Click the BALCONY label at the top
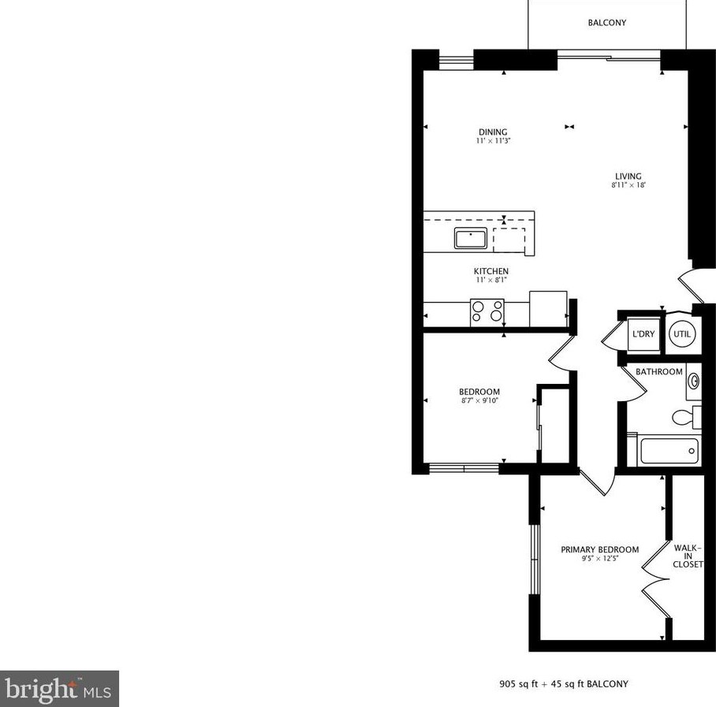[606, 23]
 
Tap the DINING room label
[492, 132]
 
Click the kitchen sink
[470, 237]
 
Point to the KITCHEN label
[490, 271]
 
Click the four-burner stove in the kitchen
[487, 311]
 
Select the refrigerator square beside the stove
[548, 308]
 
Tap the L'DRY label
[643, 334]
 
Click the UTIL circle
[681, 334]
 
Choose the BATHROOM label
[659, 371]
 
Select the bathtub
[669, 451]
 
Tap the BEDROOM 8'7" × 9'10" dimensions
[479, 401]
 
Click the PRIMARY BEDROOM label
[599, 549]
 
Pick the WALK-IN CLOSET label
[688, 556]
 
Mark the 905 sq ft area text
[520, 684]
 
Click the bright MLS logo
[60, 689]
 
